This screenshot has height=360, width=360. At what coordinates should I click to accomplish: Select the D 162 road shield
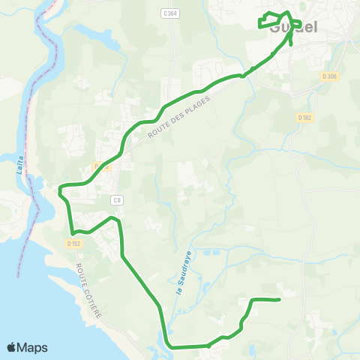point(304,117)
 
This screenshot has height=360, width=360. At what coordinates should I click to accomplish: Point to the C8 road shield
point(116,199)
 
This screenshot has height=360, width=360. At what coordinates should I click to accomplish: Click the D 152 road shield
point(73,243)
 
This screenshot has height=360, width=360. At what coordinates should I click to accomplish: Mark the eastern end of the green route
point(279,300)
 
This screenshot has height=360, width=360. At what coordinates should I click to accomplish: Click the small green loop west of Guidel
point(268,22)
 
